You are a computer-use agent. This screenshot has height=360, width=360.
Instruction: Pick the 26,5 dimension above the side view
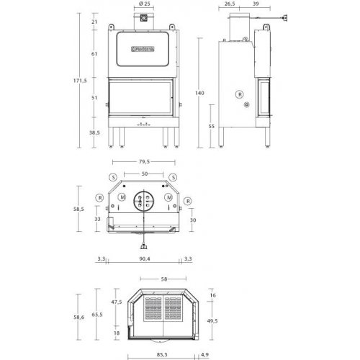pyautogui.click(x=230, y=4)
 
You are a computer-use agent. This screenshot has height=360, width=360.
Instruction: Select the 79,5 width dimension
pyautogui.click(x=146, y=162)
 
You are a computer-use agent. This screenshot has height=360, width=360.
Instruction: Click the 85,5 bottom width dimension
pyautogui.click(x=161, y=355)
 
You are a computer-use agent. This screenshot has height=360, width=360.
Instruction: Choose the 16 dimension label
pyautogui.click(x=212, y=295)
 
